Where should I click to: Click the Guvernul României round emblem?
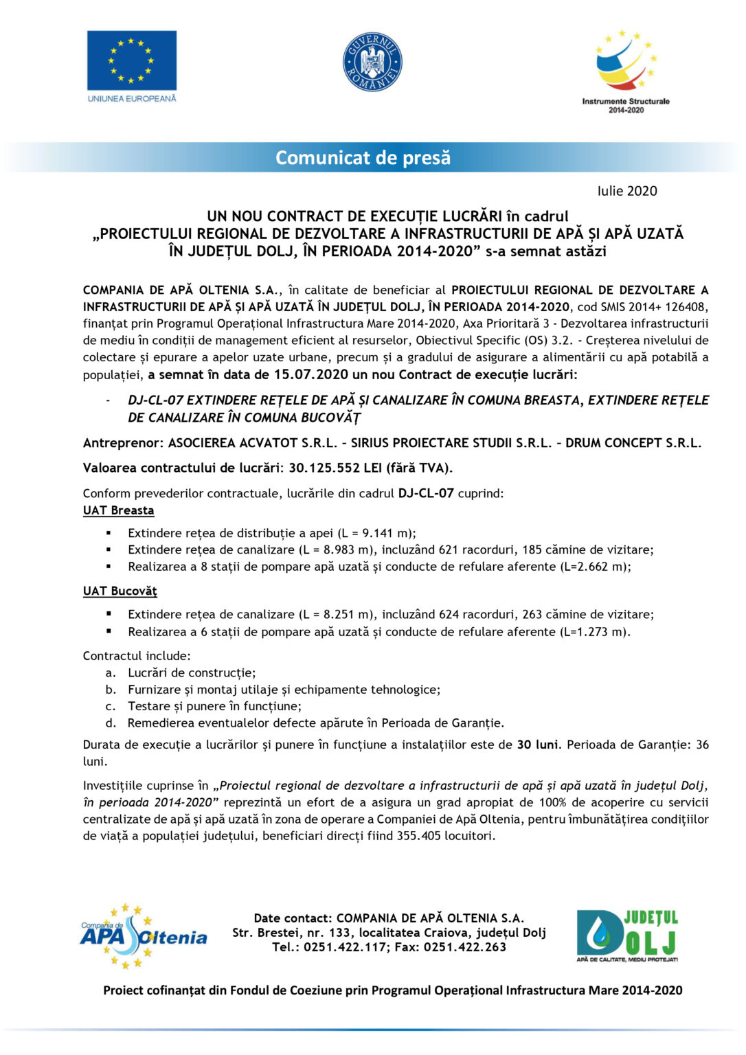[x=372, y=62]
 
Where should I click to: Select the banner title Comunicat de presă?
[x=363, y=158]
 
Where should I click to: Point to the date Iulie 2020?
[x=626, y=191]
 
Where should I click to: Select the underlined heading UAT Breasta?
[x=118, y=510]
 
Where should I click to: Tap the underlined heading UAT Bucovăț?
[x=120, y=591]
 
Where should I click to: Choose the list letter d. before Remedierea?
[x=111, y=723]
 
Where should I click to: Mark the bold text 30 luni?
[x=538, y=745]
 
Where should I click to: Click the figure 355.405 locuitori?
[x=455, y=836]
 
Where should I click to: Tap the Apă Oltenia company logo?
[x=143, y=936]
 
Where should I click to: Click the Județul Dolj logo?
[x=627, y=935]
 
